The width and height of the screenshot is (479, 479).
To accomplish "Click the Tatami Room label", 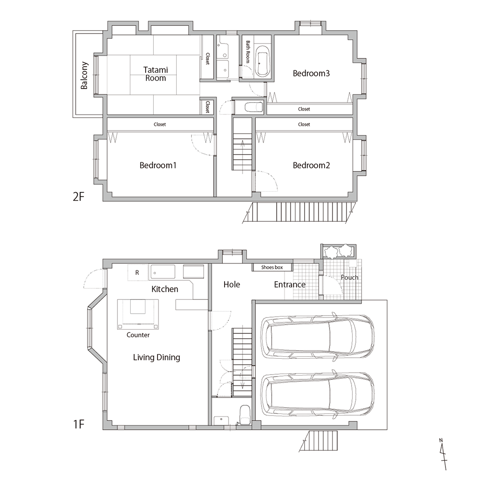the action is point(156,74).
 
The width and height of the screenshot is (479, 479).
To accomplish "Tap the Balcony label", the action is point(84,76).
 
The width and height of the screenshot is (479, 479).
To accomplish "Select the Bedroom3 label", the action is point(311,73).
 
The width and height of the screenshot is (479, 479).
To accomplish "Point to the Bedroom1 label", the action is point(158,165).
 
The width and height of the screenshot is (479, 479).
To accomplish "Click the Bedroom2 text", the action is point(311,165).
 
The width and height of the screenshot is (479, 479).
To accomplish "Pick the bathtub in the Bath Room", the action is point(262,61).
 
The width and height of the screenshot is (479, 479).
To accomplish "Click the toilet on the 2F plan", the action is point(254,107).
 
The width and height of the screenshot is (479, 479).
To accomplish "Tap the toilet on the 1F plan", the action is point(245,415).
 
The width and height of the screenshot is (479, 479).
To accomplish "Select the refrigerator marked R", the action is point(137,273).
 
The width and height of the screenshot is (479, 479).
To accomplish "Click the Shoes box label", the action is point(272,267).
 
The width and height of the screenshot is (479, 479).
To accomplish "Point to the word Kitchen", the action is point(165,289).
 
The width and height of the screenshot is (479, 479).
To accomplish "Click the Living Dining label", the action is point(157,357).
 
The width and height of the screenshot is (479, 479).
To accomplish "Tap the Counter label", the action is point(138,335).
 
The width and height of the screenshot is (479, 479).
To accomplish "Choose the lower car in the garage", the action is point(318,393).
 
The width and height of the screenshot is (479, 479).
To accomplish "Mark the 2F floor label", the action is point(78,196).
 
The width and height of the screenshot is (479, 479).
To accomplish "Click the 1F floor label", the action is point(78,424).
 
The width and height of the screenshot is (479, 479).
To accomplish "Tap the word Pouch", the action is point(350,277).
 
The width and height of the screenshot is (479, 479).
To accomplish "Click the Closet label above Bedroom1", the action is point(160,125).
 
